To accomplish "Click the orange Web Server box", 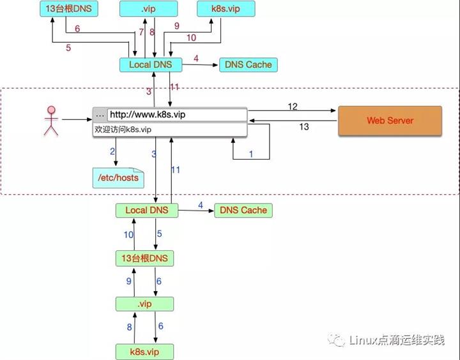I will click(x=390, y=121).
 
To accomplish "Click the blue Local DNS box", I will click(x=150, y=64).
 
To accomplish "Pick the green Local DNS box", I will click(x=146, y=210).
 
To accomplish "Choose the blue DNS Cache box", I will click(x=249, y=64).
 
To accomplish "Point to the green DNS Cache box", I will click(x=243, y=210).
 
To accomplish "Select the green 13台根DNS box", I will click(x=145, y=258).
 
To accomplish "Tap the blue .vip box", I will click(x=148, y=10).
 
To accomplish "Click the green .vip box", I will click(x=144, y=304).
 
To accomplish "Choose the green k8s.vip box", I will click(x=144, y=351).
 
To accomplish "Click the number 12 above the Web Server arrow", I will click(x=293, y=107).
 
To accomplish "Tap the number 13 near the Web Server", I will click(x=304, y=127).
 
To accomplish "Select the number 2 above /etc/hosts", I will click(x=112, y=151).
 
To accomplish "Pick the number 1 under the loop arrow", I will click(x=251, y=154).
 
